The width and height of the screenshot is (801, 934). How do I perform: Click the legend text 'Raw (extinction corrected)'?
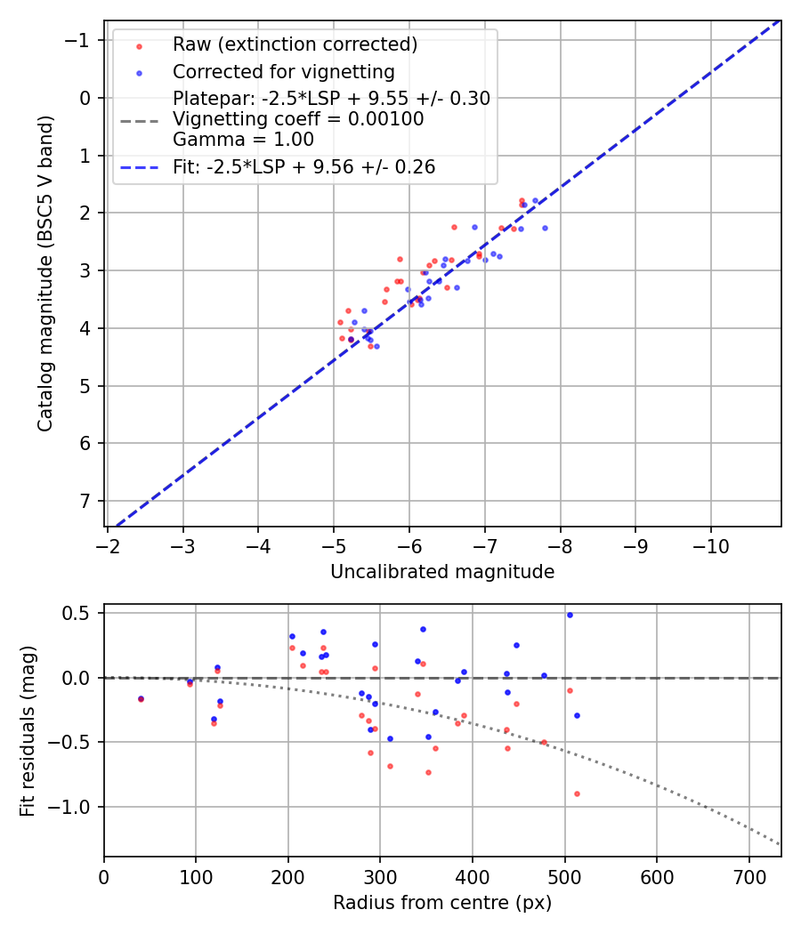click(x=295, y=44)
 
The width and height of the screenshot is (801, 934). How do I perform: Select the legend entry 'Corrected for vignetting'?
click(x=284, y=71)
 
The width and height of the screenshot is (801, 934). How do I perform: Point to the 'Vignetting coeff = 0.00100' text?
click(x=298, y=118)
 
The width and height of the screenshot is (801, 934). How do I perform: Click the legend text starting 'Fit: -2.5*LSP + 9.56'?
click(x=303, y=166)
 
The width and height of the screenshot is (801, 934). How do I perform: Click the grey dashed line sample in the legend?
click(x=139, y=119)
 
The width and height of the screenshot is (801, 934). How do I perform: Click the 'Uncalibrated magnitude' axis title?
click(x=442, y=572)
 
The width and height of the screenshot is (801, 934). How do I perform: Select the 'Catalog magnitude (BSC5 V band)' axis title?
click(x=45, y=272)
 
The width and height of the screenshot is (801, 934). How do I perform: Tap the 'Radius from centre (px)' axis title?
click(x=442, y=903)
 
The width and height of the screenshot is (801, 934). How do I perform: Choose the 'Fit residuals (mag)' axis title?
click(x=28, y=730)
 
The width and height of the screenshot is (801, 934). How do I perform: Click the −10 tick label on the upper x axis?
click(x=711, y=544)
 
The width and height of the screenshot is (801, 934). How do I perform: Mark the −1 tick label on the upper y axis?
click(x=79, y=40)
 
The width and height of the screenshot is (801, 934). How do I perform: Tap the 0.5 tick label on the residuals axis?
click(x=78, y=613)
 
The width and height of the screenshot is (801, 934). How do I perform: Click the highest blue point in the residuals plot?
click(x=570, y=615)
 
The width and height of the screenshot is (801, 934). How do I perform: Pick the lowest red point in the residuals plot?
click(x=577, y=793)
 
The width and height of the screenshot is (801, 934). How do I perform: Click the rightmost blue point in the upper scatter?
click(x=545, y=228)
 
